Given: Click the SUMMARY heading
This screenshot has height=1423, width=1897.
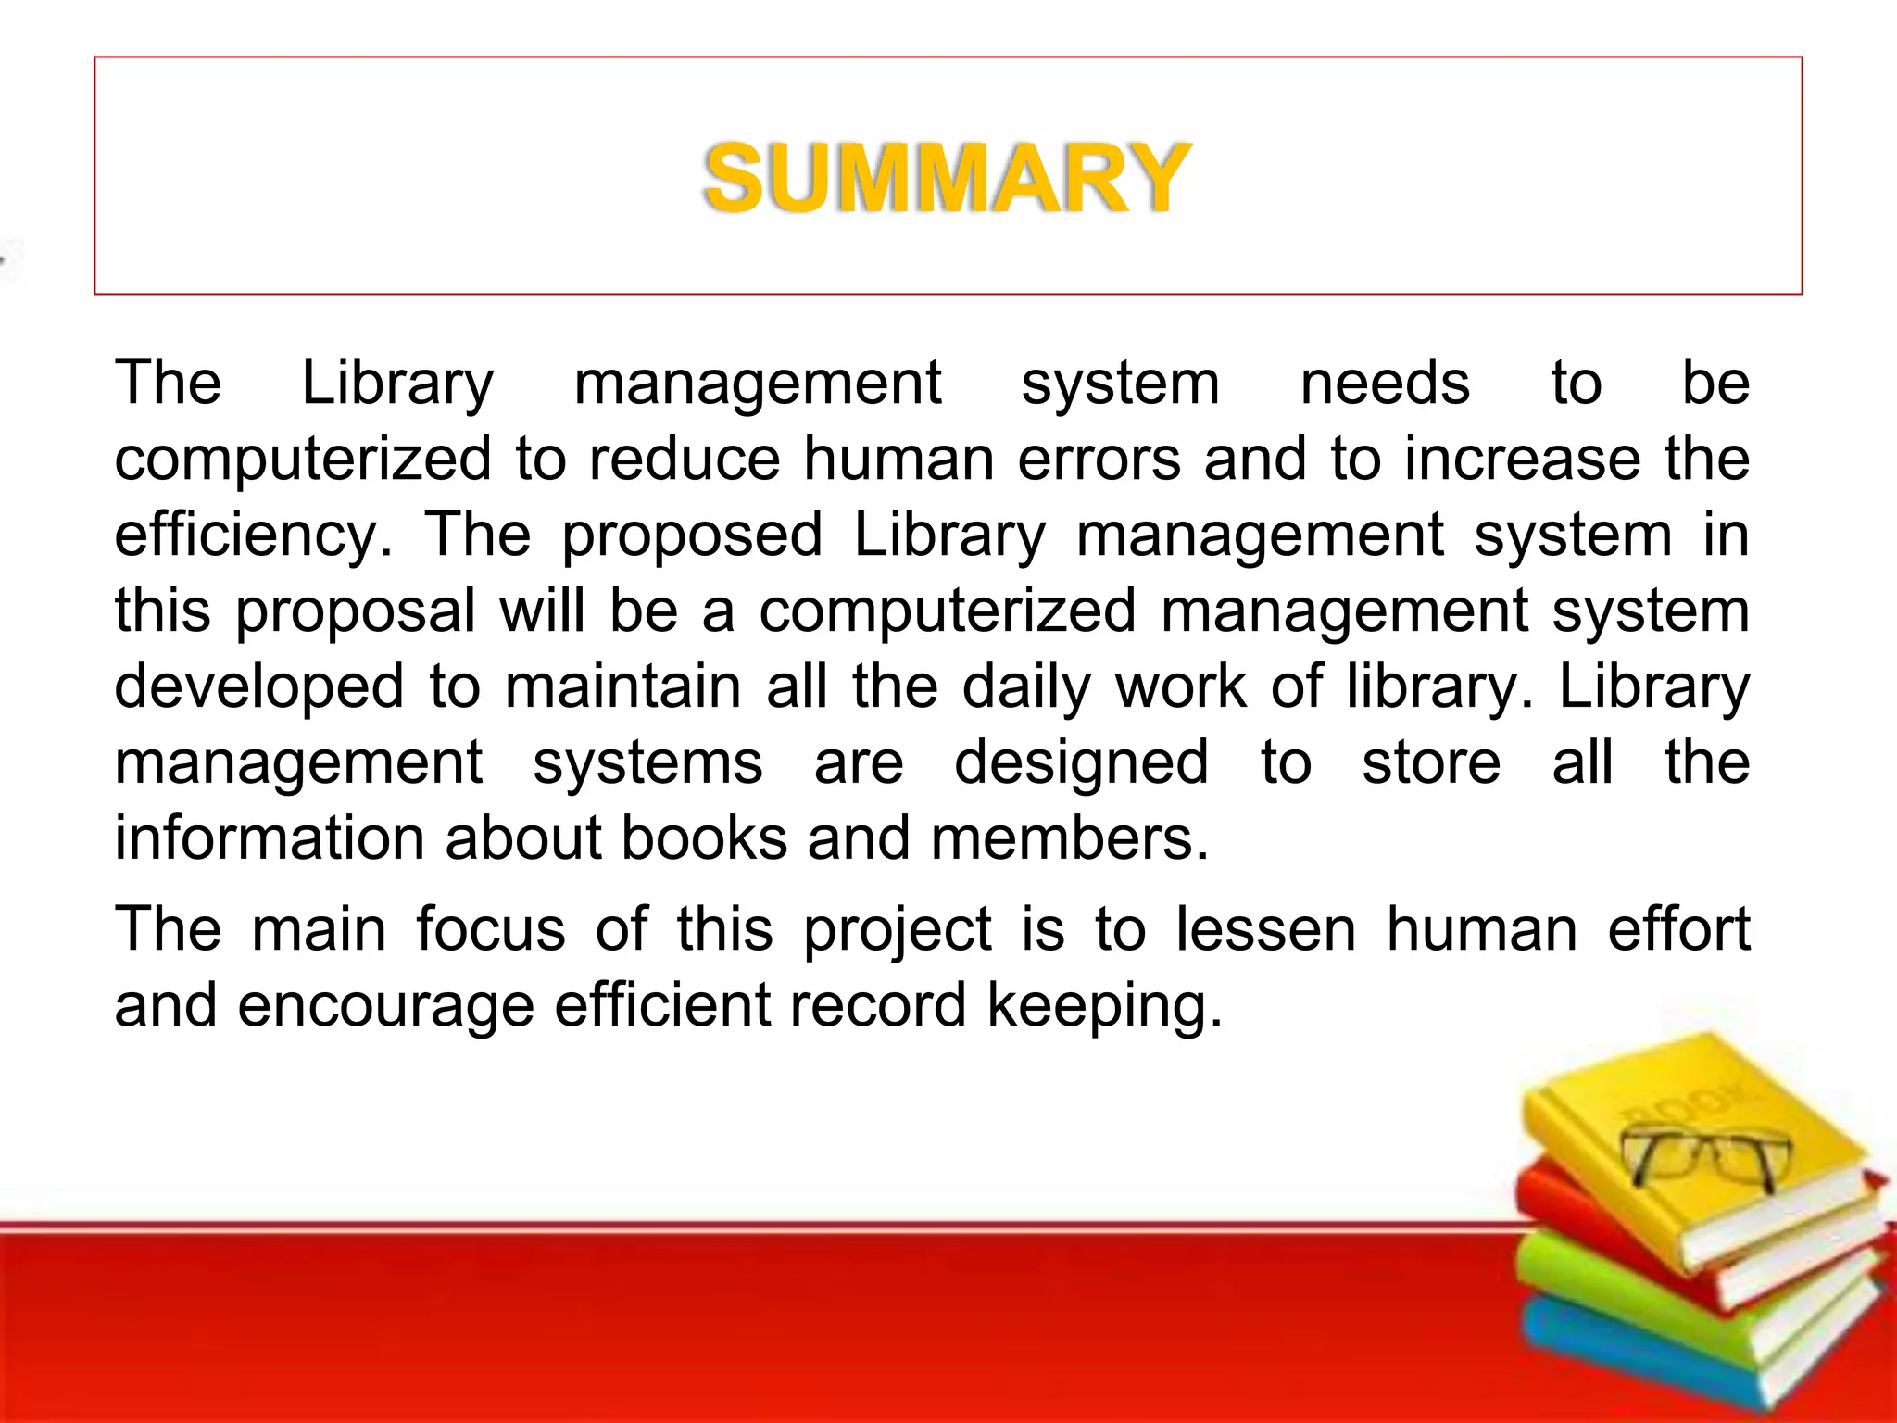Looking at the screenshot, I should [x=947, y=178].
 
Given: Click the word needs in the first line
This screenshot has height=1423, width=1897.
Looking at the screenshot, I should [x=1385, y=383].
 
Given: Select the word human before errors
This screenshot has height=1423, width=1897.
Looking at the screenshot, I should [x=898, y=459].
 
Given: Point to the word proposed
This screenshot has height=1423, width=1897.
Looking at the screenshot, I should [x=692, y=535].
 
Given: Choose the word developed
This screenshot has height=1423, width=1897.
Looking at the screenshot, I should [x=259, y=686].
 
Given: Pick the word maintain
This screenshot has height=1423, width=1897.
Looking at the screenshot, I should [x=622, y=686].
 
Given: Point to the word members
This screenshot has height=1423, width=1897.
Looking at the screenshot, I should [x=1069, y=838].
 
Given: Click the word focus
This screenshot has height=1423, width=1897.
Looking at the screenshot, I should [x=490, y=929].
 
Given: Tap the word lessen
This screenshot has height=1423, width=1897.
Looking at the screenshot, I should [x=1265, y=929].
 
